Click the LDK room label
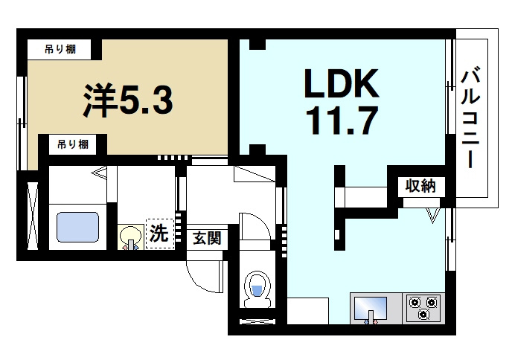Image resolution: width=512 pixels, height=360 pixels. point(342,85)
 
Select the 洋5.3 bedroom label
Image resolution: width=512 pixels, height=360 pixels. point(127,100)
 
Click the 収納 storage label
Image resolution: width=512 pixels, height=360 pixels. point(420,186)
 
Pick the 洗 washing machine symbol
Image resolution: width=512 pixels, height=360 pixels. point(159,233)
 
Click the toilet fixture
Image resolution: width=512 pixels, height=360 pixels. point(257,289)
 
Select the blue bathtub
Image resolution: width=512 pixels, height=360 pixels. point(78,226)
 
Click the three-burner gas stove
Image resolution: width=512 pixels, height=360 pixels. point(423,307)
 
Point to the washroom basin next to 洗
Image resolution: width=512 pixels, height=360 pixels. point(131,237)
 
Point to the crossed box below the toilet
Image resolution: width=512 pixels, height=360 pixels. point(257,321)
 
